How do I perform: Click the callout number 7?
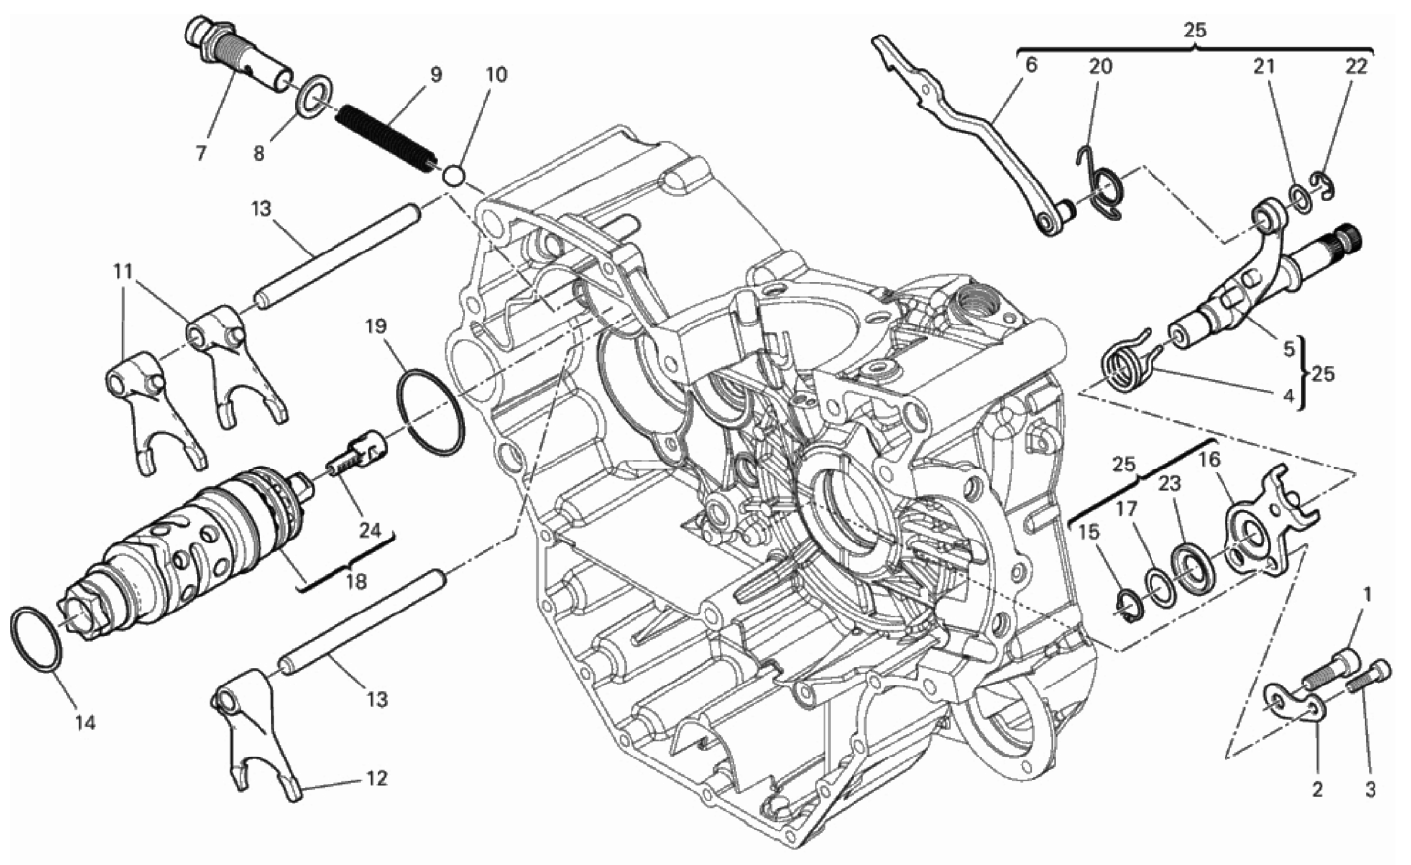point(201,153)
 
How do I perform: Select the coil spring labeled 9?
point(384,138)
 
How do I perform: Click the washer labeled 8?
point(314,94)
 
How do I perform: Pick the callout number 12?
point(377,779)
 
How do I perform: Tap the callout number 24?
point(370,530)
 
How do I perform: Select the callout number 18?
point(356,581)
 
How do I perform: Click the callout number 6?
point(1030,65)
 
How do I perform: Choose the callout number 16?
point(1210,460)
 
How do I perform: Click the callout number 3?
point(1371,790)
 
